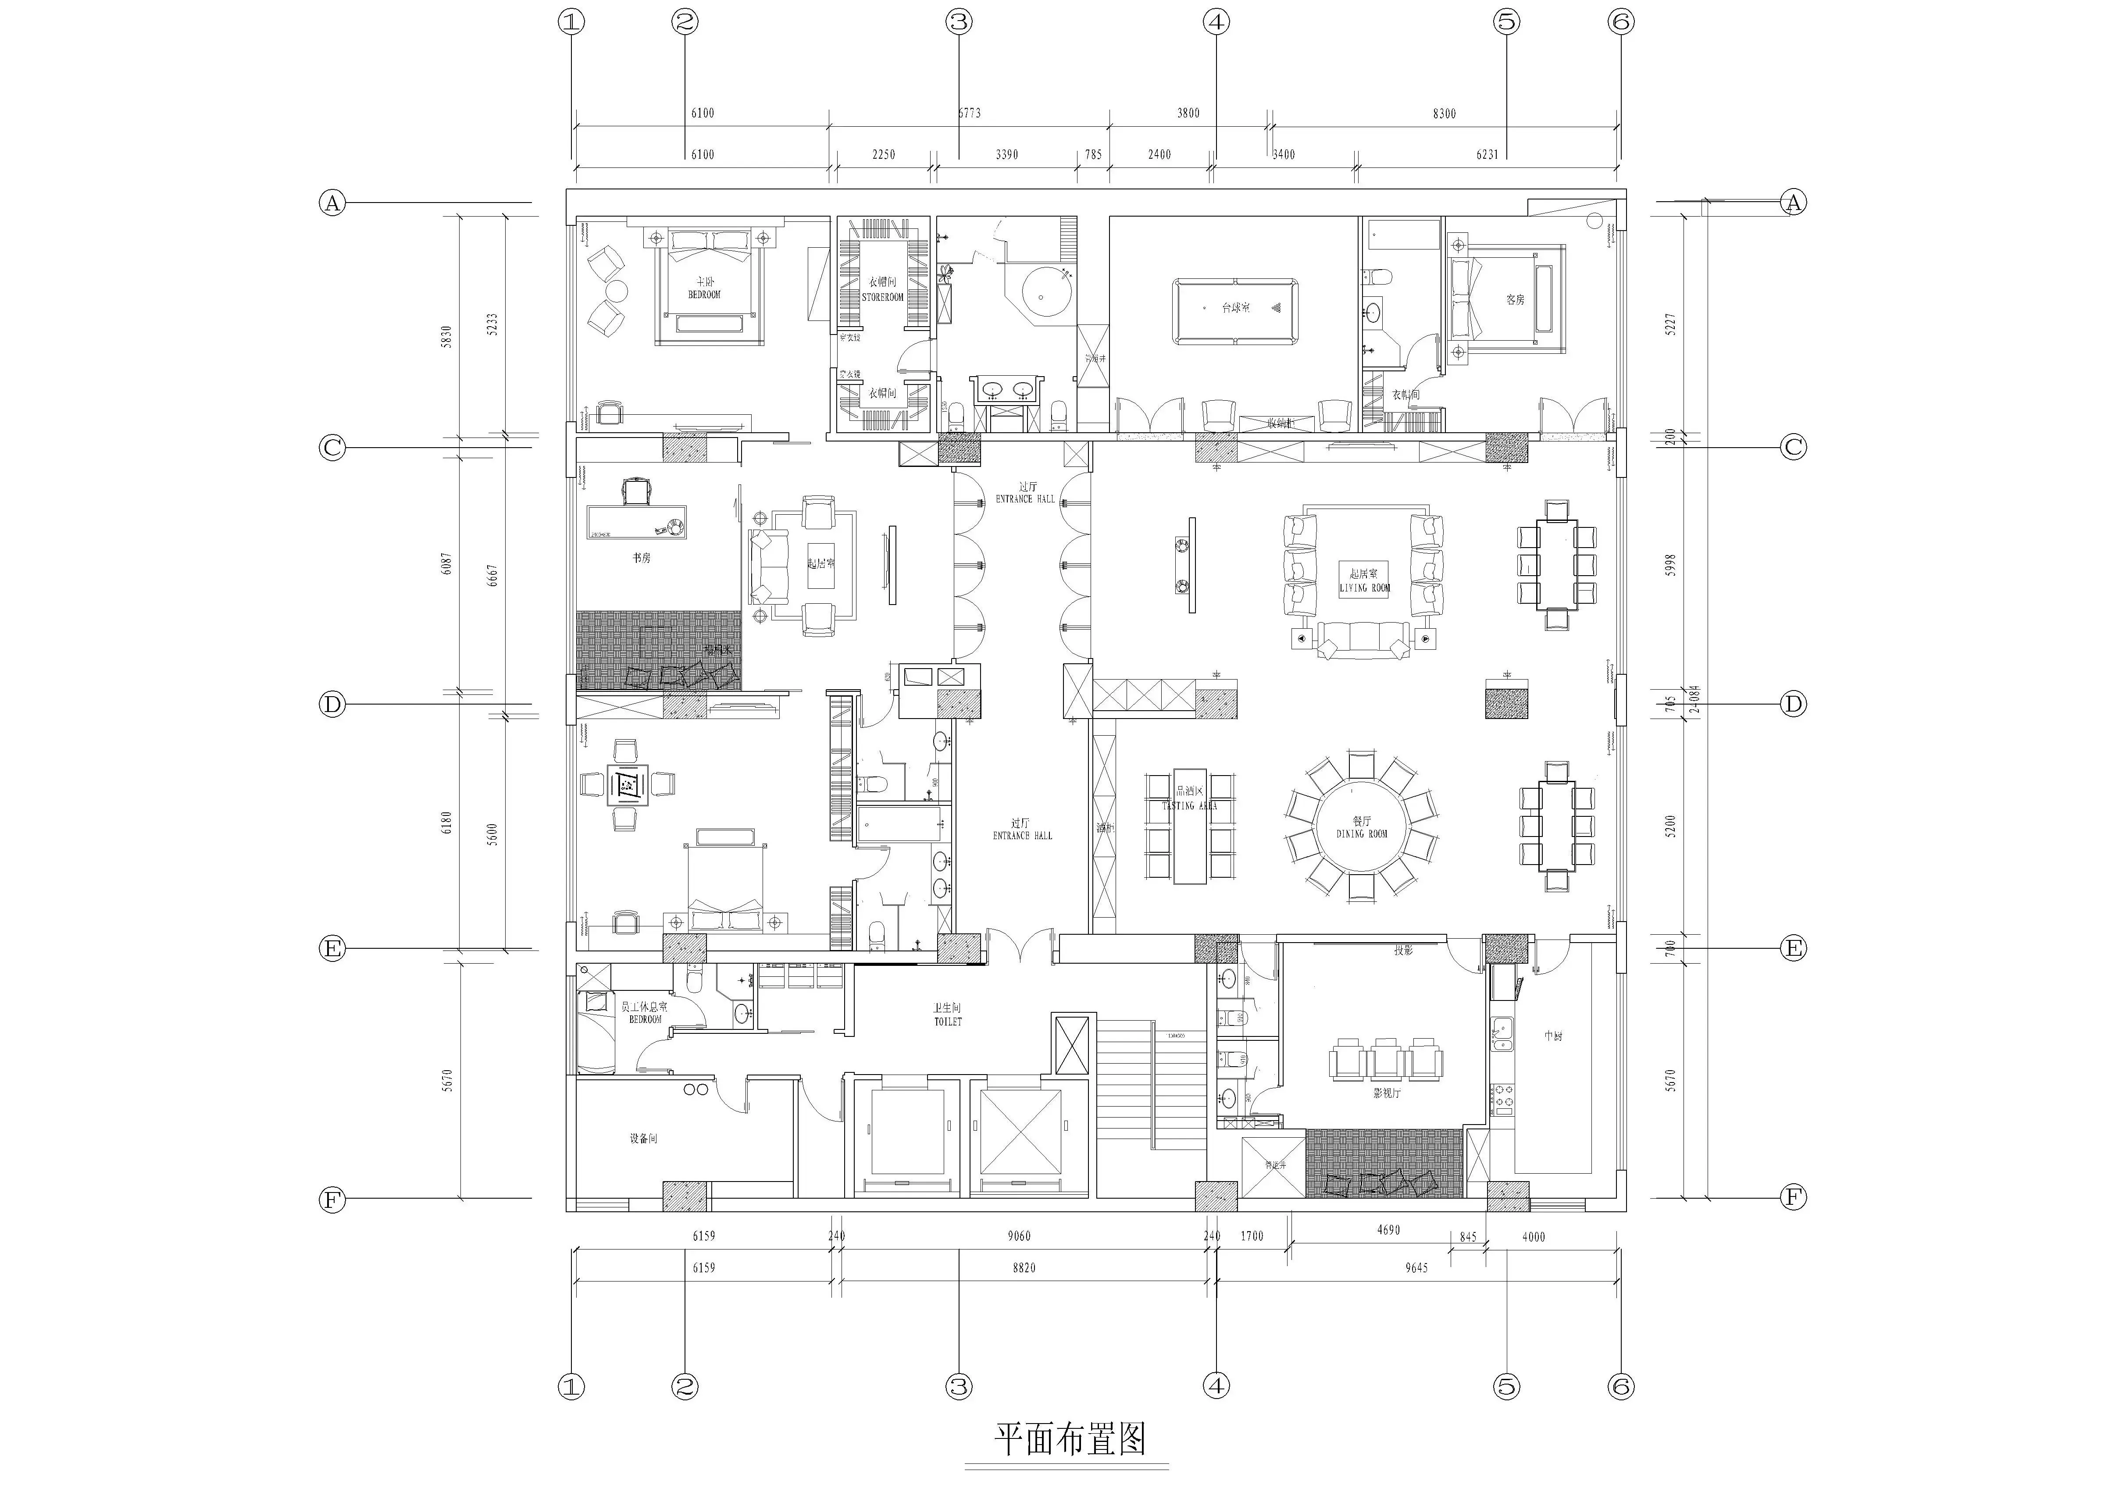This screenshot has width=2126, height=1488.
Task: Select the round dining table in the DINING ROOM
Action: coord(1361,826)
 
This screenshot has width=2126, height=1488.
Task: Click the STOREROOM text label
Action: coord(882,297)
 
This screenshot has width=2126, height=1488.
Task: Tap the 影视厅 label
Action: coord(1386,1093)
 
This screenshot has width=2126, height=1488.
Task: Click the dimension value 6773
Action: coord(969,113)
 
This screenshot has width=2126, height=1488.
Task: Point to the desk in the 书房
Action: coord(636,521)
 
